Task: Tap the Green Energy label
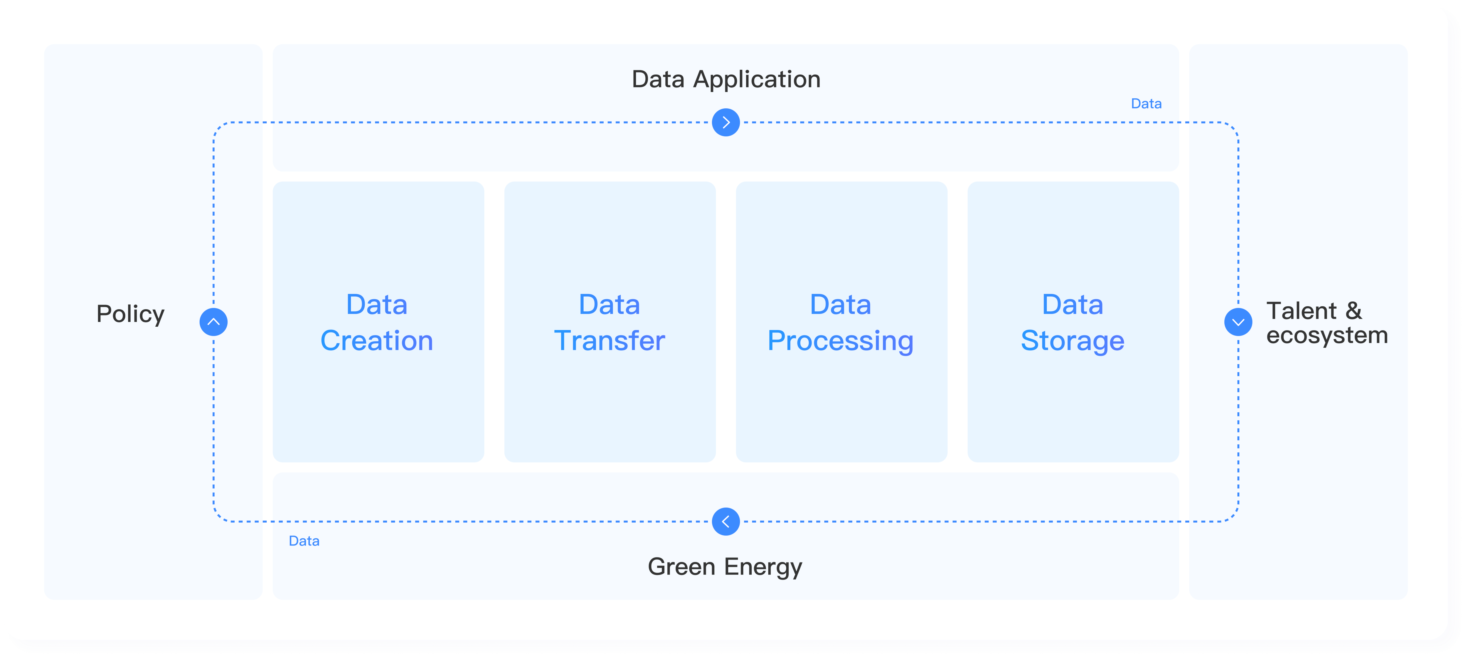[725, 567]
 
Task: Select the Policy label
[130, 314]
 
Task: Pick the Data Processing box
[841, 399]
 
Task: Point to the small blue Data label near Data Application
[1146, 104]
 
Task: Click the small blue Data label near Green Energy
[304, 541]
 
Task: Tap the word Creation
[377, 341]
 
